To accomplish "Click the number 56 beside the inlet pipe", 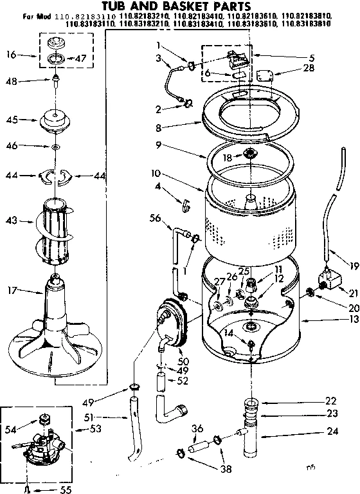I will coord(154,218).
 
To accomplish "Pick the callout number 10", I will coord(154,173).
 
